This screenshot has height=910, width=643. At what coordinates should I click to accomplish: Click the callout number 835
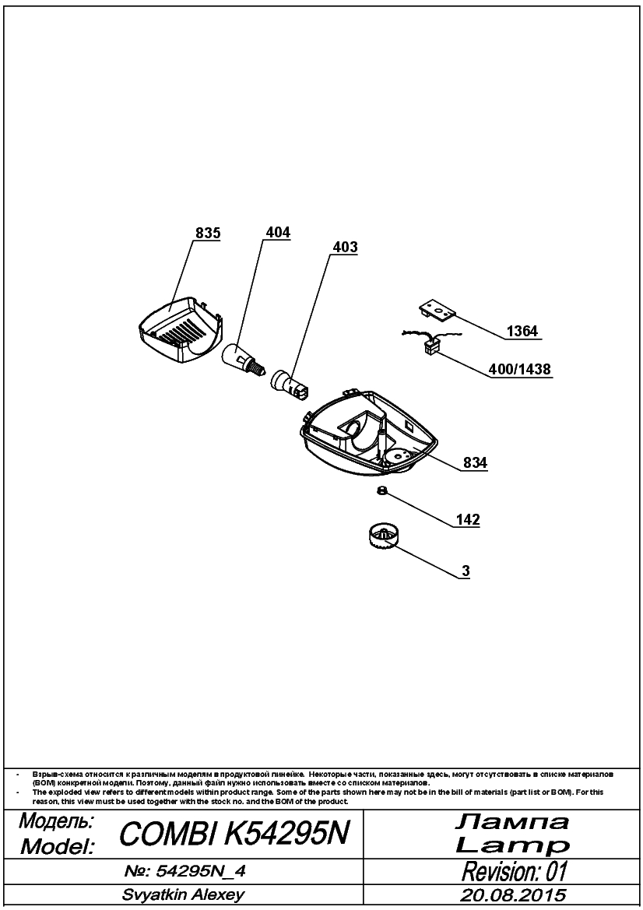208,233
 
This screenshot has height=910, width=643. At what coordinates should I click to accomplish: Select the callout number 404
278,232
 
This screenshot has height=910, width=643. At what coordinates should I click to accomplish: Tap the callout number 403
345,247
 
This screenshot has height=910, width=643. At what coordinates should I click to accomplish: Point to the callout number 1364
522,332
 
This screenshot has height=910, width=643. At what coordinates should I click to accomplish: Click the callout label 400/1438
521,368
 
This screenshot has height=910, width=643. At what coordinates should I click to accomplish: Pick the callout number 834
476,463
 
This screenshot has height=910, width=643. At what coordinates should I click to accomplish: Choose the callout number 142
468,519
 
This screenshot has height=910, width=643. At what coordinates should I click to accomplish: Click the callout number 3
466,571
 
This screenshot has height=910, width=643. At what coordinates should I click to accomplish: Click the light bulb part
244,359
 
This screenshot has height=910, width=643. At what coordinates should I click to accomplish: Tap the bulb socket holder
290,385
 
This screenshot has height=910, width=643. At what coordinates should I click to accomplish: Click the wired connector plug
430,346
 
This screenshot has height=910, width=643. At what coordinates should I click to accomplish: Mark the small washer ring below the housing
382,491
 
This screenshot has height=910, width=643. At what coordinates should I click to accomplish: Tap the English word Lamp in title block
512,845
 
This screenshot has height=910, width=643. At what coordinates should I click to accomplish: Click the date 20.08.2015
513,894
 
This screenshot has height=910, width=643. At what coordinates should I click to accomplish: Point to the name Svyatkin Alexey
183,894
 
